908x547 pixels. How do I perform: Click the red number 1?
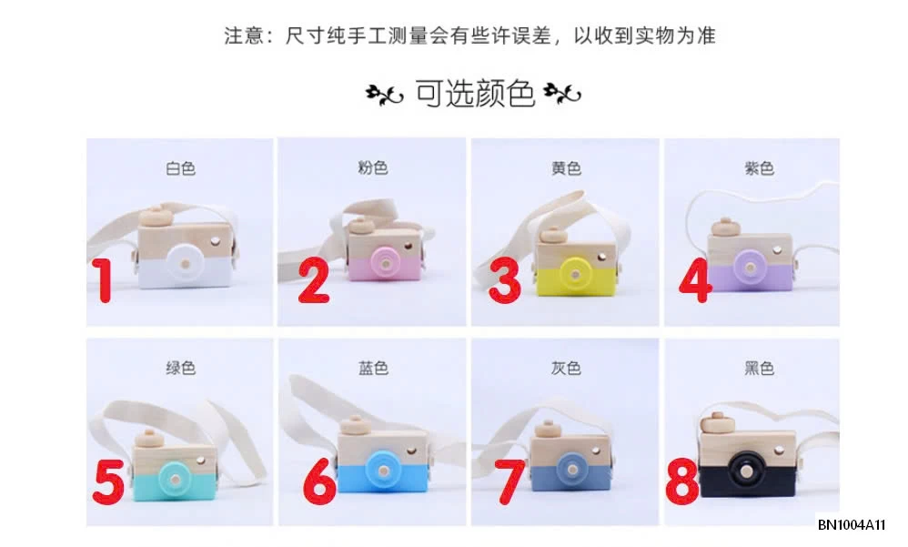106,281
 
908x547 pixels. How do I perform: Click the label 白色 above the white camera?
180,168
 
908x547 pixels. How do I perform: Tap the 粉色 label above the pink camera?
373,167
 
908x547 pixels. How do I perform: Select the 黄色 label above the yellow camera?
566,168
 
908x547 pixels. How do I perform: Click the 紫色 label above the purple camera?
759,168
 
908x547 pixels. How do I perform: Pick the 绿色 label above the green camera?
180,369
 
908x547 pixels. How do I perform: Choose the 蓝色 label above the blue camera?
373,369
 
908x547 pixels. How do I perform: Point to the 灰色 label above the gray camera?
566,369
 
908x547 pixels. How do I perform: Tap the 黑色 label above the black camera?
759,369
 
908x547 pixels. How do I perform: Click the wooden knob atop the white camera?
157,217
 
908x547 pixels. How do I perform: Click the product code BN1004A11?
852,525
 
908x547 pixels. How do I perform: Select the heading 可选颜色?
474,94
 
